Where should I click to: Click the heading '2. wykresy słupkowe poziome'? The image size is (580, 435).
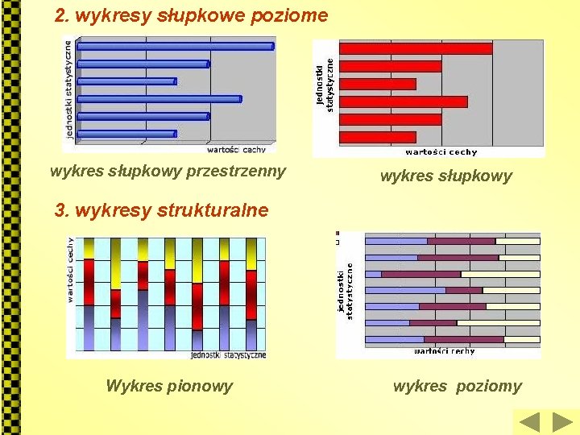click(191, 15)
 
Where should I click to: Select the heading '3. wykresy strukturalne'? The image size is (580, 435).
click(161, 211)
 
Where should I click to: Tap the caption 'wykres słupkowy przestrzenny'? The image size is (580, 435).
click(168, 171)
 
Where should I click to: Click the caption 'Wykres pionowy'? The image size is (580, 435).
click(169, 386)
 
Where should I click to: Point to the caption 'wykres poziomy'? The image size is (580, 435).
click(457, 386)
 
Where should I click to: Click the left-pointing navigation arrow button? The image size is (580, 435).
click(528, 422)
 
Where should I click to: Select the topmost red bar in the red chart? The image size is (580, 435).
click(416, 48)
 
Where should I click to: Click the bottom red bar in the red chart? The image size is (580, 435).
click(378, 137)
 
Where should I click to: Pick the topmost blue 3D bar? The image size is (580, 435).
click(176, 46)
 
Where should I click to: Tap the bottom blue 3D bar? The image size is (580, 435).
click(127, 134)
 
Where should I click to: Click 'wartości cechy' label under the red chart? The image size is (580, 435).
click(441, 151)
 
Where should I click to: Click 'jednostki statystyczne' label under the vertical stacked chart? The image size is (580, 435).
click(228, 354)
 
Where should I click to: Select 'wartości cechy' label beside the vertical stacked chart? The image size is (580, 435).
click(71, 270)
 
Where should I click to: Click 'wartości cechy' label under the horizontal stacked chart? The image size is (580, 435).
click(445, 351)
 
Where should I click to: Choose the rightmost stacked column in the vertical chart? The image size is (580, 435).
click(251, 294)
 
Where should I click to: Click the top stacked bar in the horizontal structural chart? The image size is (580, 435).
click(452, 241)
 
